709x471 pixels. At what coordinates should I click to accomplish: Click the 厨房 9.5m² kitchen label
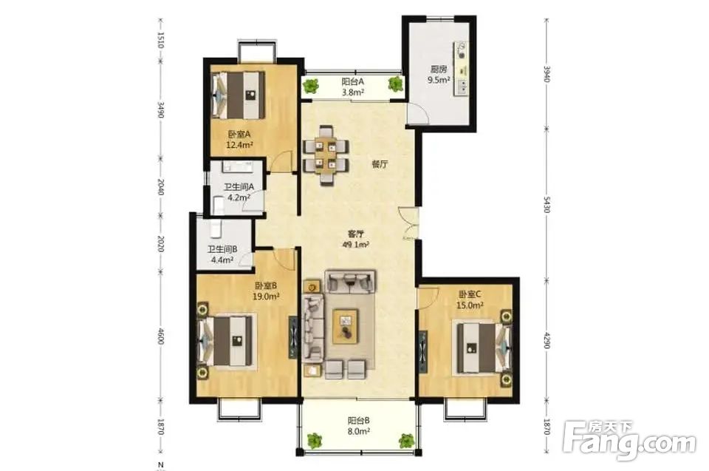(439, 75)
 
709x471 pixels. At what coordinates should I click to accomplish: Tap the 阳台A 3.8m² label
(353, 87)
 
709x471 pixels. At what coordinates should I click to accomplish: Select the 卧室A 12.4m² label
(239, 140)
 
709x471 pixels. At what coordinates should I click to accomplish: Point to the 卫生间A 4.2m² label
(239, 192)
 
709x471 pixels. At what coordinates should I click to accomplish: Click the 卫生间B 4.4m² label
(222, 254)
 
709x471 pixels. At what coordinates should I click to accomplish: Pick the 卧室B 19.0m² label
(266, 291)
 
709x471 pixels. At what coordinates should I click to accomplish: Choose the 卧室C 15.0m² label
(470, 299)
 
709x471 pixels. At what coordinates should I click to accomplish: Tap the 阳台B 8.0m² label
(359, 426)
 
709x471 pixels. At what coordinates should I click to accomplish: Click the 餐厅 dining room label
(380, 164)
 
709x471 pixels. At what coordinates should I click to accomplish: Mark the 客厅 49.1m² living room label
(356, 239)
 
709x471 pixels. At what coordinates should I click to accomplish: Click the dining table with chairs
(326, 155)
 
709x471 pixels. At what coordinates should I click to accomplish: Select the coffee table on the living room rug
(346, 325)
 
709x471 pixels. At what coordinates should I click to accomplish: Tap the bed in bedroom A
(239, 94)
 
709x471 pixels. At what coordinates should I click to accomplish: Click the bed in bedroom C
(484, 348)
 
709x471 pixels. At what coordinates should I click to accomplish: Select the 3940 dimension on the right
(547, 74)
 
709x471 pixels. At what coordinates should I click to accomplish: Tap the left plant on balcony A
(311, 85)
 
